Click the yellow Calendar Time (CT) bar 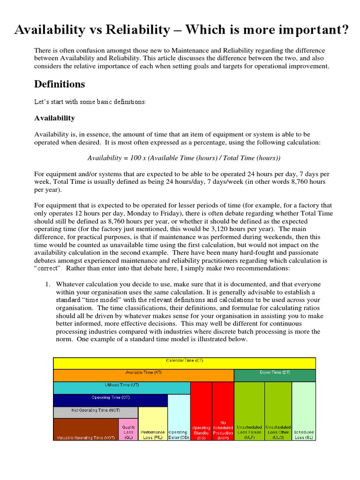pos(184,363)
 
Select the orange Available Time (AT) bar pos(143,375)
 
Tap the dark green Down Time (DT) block pos(275,375)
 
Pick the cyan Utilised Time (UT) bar pos(121,387)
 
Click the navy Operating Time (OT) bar pos(110,400)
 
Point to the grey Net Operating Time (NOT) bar pos(96,412)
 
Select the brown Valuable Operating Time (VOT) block pos(86,429)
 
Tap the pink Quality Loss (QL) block pos(128,429)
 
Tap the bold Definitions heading pos(60,84)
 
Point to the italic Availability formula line pos(184,158)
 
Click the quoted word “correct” pos(48,268)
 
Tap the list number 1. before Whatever pos(47,284)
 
